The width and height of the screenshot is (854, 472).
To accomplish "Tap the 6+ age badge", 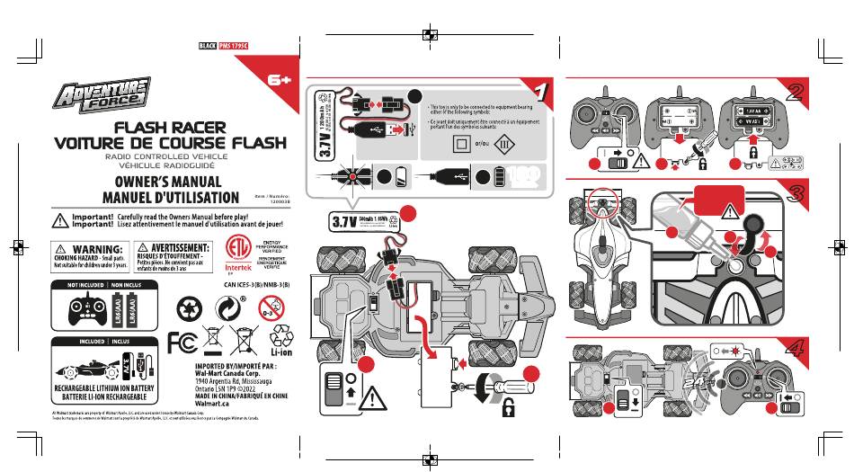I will (279, 81).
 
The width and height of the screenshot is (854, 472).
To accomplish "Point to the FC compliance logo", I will (182, 343).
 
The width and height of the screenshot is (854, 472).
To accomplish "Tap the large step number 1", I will (540, 94).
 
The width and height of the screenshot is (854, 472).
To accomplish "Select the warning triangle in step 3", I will (725, 213).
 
